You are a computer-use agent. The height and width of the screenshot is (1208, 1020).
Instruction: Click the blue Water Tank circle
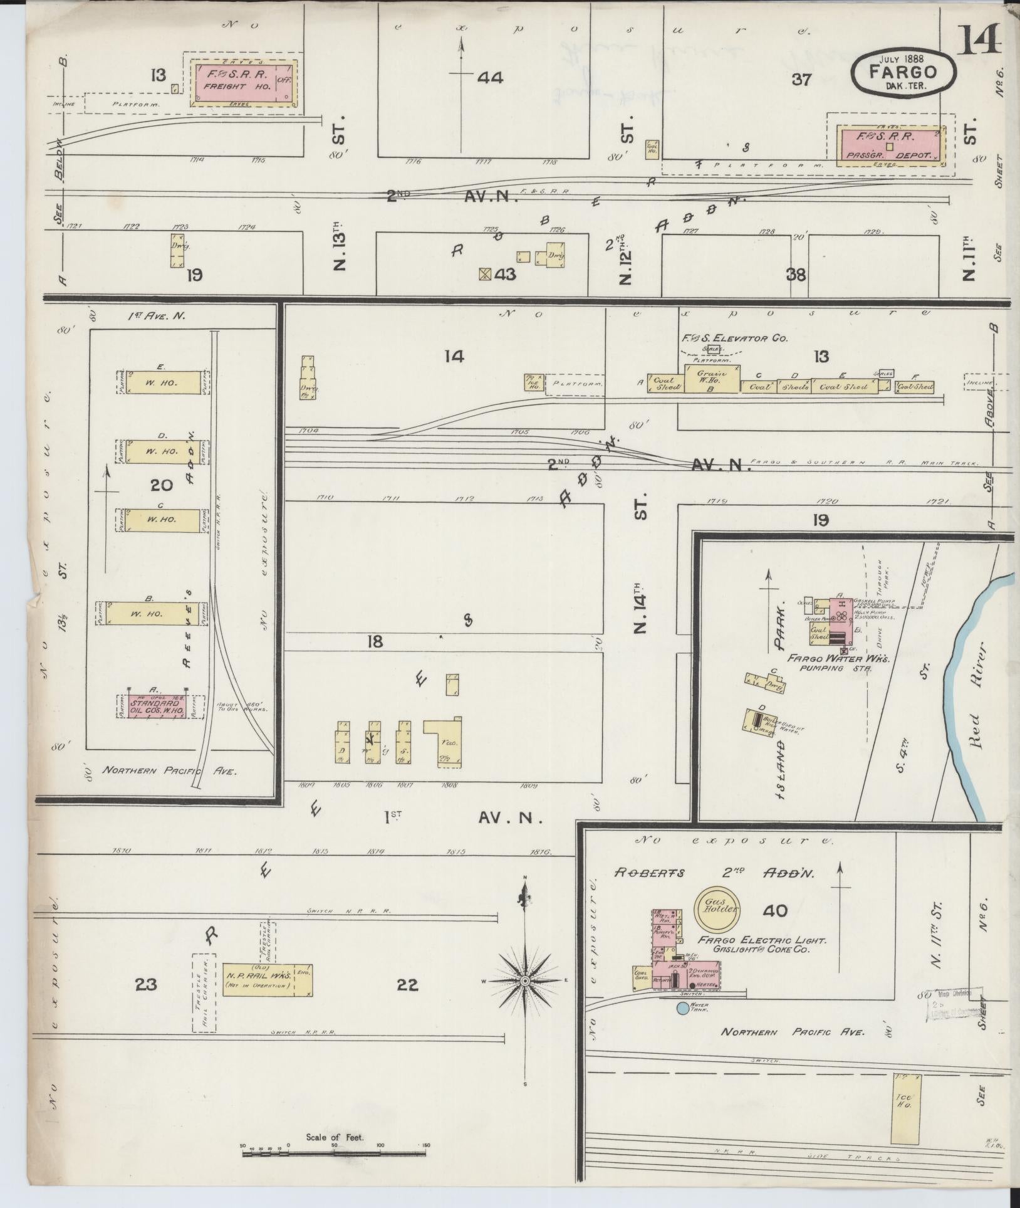pyautogui.click(x=682, y=1009)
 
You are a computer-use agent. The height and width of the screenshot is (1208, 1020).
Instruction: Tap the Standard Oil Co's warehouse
pyautogui.click(x=157, y=706)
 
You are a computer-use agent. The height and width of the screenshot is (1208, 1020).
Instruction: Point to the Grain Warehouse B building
pyautogui.click(x=710, y=379)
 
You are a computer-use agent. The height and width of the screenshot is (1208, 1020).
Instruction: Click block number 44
pyautogui.click(x=491, y=78)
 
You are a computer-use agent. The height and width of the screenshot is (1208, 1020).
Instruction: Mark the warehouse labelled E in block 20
pyautogui.click(x=162, y=382)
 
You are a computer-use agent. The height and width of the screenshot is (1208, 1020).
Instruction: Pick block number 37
pyautogui.click(x=801, y=80)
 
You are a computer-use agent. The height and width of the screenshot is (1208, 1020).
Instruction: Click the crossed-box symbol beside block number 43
pyautogui.click(x=484, y=274)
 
